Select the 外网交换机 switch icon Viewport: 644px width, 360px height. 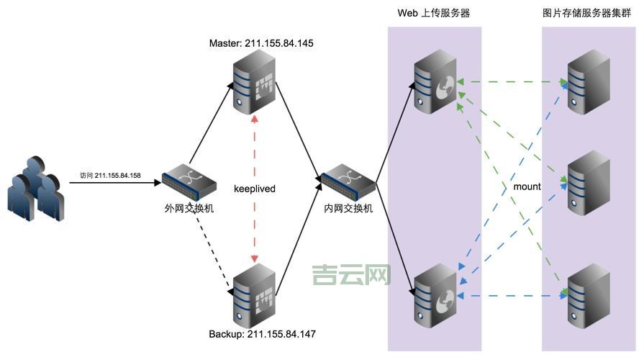click(x=189, y=186)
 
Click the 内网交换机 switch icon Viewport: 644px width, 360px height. click(x=348, y=186)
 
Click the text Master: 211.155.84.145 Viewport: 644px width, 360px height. click(x=261, y=43)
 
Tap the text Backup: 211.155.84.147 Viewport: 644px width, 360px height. click(x=262, y=335)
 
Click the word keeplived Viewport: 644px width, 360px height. click(x=255, y=189)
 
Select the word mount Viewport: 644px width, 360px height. click(x=527, y=186)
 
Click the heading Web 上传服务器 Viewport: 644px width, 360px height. click(x=434, y=14)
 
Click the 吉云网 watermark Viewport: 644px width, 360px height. click(x=351, y=274)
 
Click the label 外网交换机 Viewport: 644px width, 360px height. click(x=189, y=209)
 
